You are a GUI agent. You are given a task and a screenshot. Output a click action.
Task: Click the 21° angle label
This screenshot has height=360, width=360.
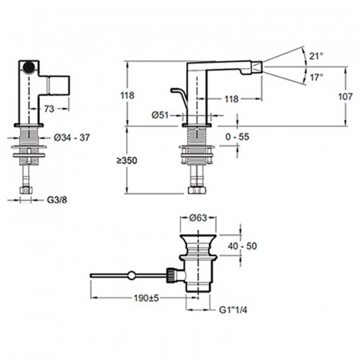[x=316, y=56]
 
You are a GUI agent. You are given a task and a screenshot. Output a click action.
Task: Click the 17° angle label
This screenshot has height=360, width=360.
[x=317, y=78]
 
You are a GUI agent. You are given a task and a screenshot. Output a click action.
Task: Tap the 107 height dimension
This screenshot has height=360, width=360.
[x=346, y=97]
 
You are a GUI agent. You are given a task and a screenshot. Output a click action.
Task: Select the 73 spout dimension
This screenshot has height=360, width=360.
[x=49, y=109]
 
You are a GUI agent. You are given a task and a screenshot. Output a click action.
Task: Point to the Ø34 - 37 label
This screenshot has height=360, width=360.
[x=72, y=138]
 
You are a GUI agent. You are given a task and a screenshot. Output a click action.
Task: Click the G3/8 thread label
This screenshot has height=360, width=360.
[x=57, y=200]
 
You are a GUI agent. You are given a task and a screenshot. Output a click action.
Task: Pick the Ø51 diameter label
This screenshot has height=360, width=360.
[x=160, y=115]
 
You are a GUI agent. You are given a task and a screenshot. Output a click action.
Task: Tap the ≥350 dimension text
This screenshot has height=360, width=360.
[x=127, y=161]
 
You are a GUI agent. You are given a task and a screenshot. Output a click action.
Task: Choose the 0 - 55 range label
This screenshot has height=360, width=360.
[x=238, y=137]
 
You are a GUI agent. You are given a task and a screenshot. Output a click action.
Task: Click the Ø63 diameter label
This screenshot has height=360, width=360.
[x=198, y=218]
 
